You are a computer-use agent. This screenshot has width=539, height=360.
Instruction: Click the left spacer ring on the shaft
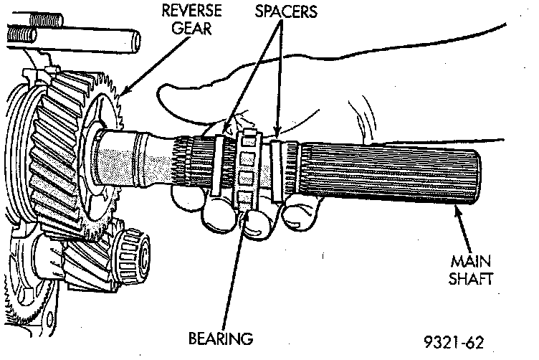point(221,165)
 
